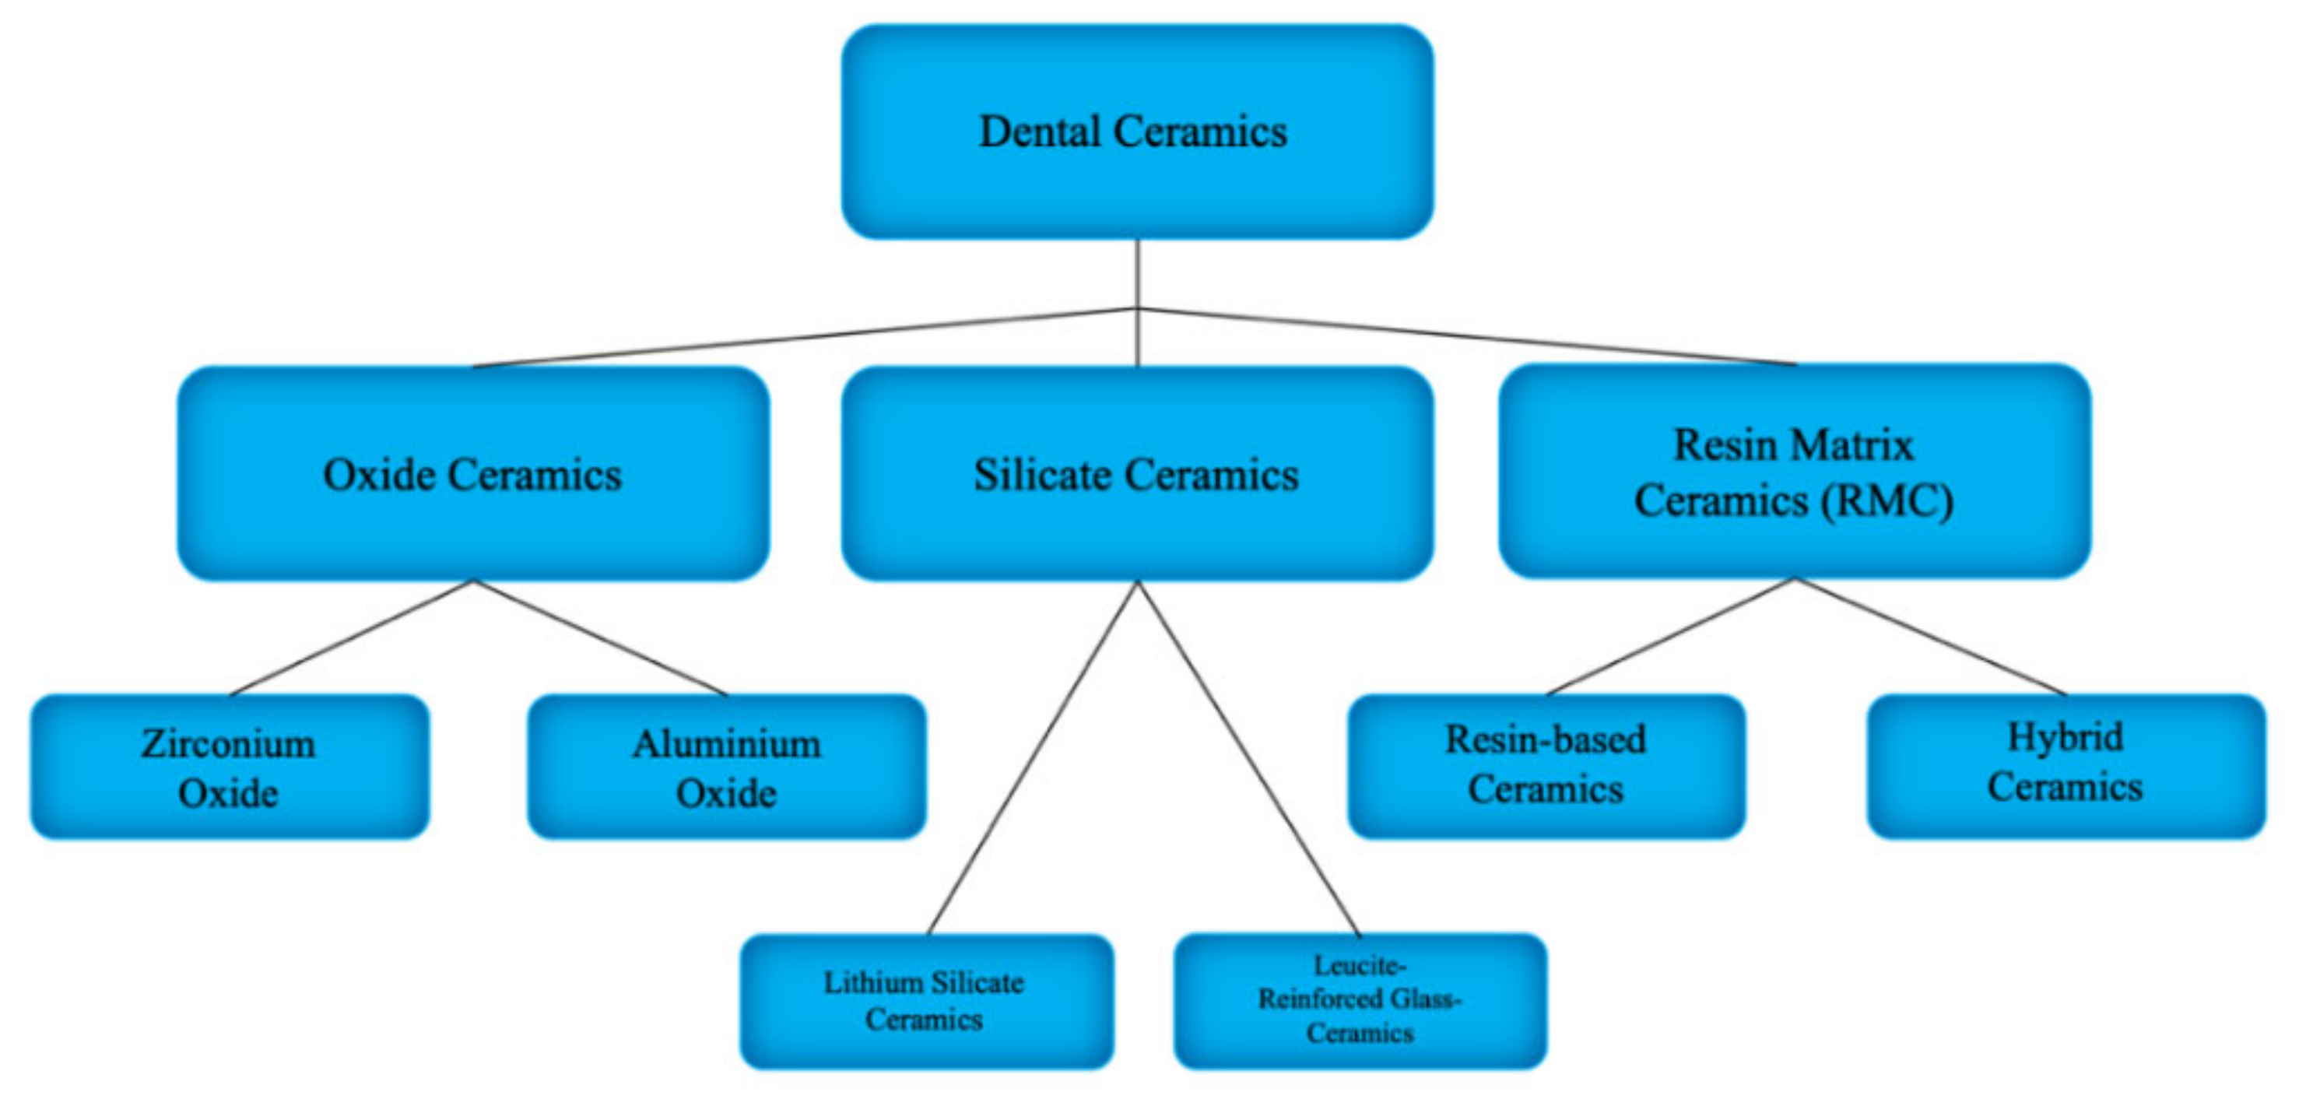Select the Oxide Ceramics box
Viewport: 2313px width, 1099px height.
[x=472, y=473]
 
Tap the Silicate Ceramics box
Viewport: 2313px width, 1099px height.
[x=1137, y=473]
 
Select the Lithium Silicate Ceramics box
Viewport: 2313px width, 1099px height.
[x=925, y=1000]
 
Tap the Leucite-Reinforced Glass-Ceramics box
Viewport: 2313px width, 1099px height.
[x=1360, y=1000]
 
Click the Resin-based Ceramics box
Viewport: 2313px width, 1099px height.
[x=1546, y=765]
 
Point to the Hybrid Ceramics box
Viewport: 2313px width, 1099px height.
[x=2066, y=765]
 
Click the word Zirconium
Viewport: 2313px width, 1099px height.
[x=228, y=743]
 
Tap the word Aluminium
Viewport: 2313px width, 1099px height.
[x=726, y=743]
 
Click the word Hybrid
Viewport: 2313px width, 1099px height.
[x=2066, y=737]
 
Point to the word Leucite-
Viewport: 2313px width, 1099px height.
[x=1360, y=966]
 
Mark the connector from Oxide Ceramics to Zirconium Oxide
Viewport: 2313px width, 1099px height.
[x=352, y=637]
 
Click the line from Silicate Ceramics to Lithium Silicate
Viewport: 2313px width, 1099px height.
[x=1033, y=758]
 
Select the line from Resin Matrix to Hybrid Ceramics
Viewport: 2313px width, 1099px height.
[x=1931, y=636]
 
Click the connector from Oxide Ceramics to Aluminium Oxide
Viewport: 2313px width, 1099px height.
[x=600, y=637]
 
